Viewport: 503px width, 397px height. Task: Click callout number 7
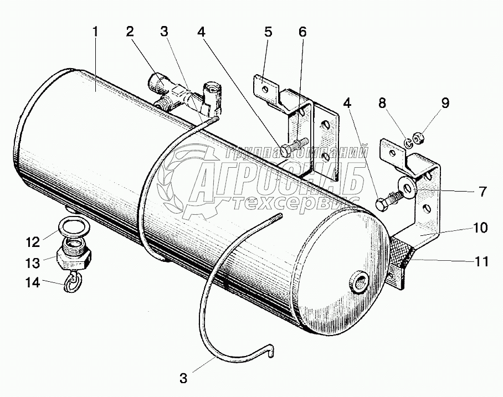(482, 192)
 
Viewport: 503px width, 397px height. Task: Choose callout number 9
(445, 102)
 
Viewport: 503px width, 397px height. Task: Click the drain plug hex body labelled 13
(73, 257)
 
